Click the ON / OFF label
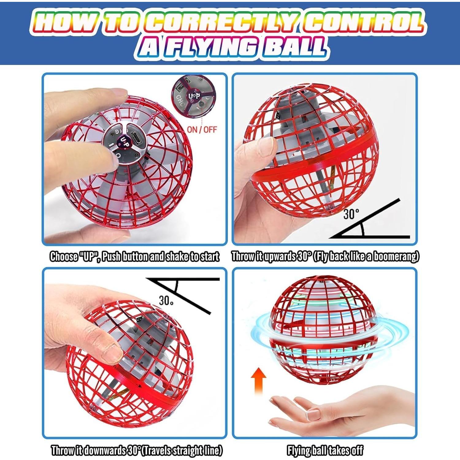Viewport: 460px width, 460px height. pos(202,129)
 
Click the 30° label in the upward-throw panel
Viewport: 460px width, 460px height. pos(351,214)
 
